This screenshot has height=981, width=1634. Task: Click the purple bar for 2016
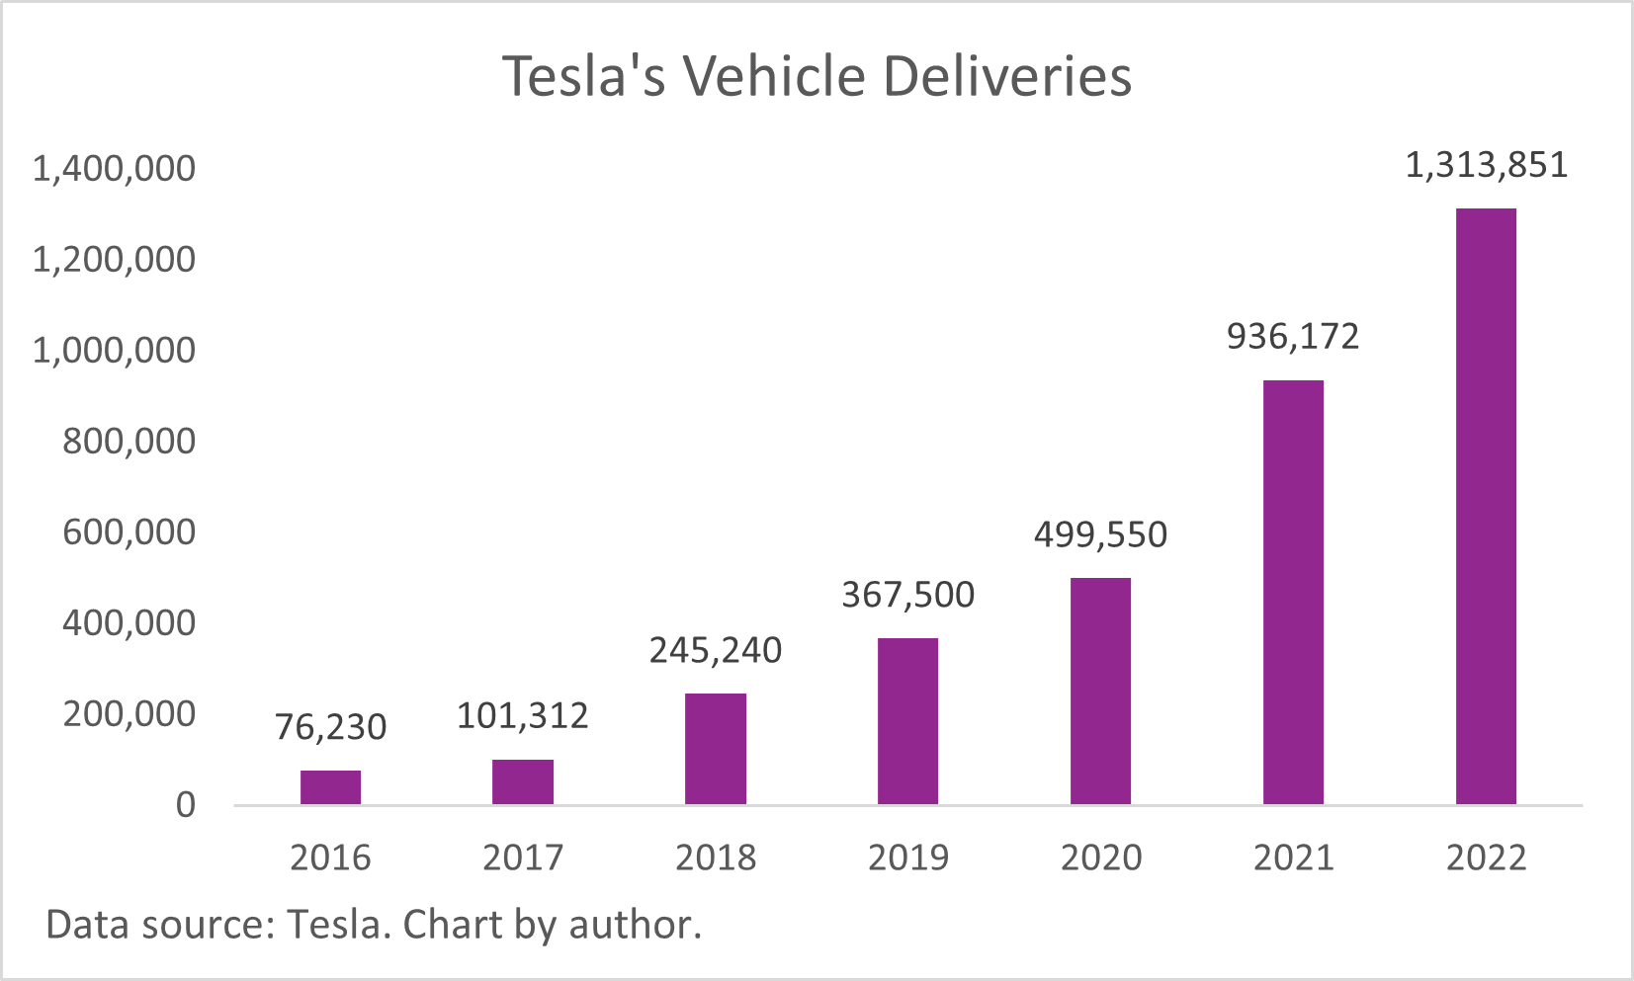330,787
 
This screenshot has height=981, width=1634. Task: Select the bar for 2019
907,721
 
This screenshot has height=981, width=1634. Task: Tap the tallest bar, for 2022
1486,506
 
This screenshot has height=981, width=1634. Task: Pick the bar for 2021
1293,593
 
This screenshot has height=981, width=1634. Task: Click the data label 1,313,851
1486,165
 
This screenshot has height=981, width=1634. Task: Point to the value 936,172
1293,337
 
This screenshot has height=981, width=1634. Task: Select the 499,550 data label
1100,534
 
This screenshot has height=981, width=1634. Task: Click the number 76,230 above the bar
330,727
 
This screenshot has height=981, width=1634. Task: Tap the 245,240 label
715,650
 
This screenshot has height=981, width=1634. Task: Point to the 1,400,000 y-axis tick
115,169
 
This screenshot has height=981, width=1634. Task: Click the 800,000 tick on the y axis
129,441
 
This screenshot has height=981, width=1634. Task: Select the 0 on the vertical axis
186,805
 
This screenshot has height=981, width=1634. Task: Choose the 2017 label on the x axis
523,857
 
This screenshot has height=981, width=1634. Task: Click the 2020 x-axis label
1100,857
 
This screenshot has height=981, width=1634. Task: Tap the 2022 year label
1486,857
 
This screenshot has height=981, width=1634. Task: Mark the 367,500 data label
907,595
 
